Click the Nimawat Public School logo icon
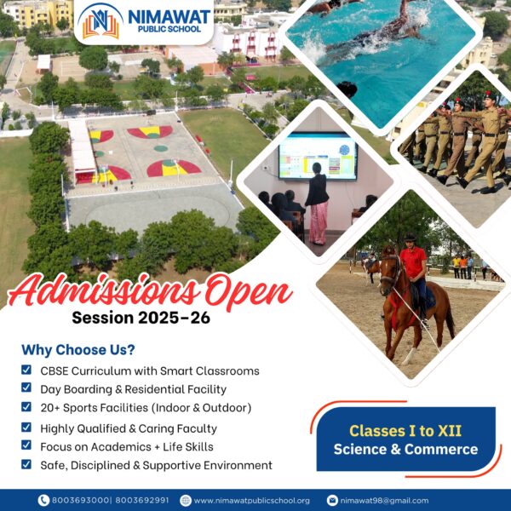point(100,23)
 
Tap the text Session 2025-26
point(141,319)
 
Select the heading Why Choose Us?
point(78,350)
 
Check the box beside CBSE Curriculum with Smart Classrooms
point(26,370)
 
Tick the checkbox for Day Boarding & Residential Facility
point(26,389)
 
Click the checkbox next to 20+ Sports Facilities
point(26,408)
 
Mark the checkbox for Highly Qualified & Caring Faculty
point(26,428)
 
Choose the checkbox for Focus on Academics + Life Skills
point(26,446)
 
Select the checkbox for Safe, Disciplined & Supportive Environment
point(26,465)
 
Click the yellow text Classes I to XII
point(405,430)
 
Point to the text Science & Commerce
point(405,450)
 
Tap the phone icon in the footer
point(43,500)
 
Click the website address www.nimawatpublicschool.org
point(251,500)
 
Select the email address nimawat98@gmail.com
point(391,500)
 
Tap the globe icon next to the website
point(185,500)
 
